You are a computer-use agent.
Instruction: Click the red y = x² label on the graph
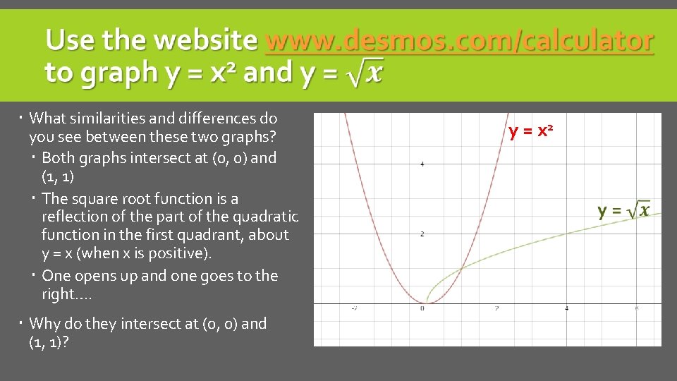tap(530, 132)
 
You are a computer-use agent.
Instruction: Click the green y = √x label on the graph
tap(623, 210)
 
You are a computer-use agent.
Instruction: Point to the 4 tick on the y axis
tap(422, 164)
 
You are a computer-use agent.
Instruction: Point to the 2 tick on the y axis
tap(422, 234)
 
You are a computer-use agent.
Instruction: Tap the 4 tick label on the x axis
tap(566, 308)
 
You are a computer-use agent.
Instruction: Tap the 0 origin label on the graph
tap(422, 308)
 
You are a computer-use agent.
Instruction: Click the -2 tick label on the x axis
tap(353, 308)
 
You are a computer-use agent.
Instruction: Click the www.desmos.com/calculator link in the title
tap(459, 41)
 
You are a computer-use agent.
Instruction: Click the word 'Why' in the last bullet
tap(44, 324)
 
